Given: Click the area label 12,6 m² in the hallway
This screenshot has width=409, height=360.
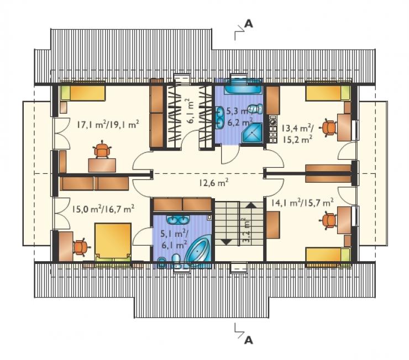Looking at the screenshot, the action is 214,183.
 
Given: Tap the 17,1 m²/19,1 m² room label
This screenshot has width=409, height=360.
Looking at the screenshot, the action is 108,124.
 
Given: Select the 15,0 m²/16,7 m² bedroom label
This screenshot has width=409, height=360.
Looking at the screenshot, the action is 103,209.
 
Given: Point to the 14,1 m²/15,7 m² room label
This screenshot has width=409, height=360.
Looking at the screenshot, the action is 302,203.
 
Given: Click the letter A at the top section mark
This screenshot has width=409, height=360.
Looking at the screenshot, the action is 249,24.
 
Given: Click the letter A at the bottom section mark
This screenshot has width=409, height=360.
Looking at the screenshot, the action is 249,340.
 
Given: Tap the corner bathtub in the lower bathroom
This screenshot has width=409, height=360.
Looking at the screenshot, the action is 199,253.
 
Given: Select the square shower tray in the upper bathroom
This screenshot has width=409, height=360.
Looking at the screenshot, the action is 251,133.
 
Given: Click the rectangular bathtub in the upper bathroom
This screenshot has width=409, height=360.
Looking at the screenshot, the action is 243,87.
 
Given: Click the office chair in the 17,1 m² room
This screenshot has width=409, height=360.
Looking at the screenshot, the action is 102,149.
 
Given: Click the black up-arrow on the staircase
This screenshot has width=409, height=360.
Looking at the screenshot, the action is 251,204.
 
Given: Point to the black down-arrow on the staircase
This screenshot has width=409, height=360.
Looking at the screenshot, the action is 226,242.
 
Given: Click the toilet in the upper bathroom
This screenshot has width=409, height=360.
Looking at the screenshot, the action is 255,108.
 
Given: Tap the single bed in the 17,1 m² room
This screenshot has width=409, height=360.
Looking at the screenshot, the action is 83,92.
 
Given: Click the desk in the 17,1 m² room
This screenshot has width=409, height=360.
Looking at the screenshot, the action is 102,166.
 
